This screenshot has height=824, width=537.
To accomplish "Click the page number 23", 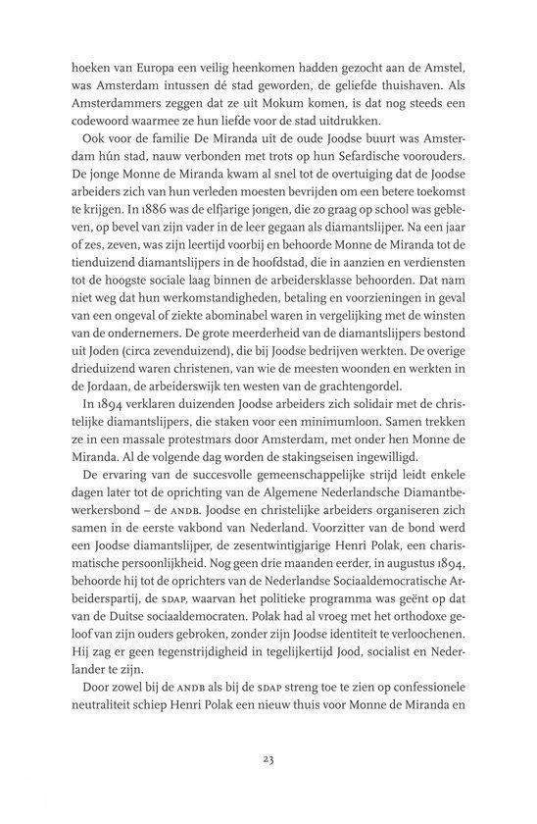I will (x=268, y=784).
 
